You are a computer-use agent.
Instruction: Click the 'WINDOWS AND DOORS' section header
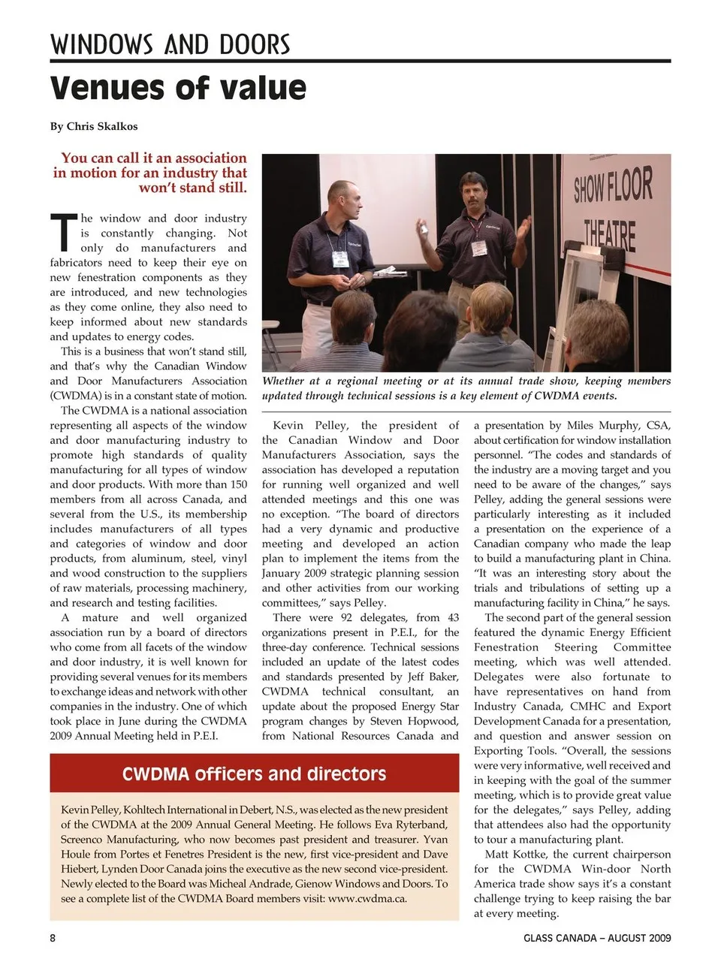pos(170,45)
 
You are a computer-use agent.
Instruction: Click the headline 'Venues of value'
pos(178,88)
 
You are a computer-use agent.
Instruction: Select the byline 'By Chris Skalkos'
pos(94,126)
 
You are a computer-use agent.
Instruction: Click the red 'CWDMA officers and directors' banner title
pos(254,774)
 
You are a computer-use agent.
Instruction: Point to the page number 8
pos(53,938)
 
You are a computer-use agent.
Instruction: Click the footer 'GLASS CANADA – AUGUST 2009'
pos(597,938)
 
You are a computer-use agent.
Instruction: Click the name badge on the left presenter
pos(341,259)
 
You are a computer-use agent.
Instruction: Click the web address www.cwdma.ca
pos(367,898)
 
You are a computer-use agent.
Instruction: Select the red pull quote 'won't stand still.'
pos(192,187)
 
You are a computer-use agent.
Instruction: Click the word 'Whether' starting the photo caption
pos(283,381)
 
